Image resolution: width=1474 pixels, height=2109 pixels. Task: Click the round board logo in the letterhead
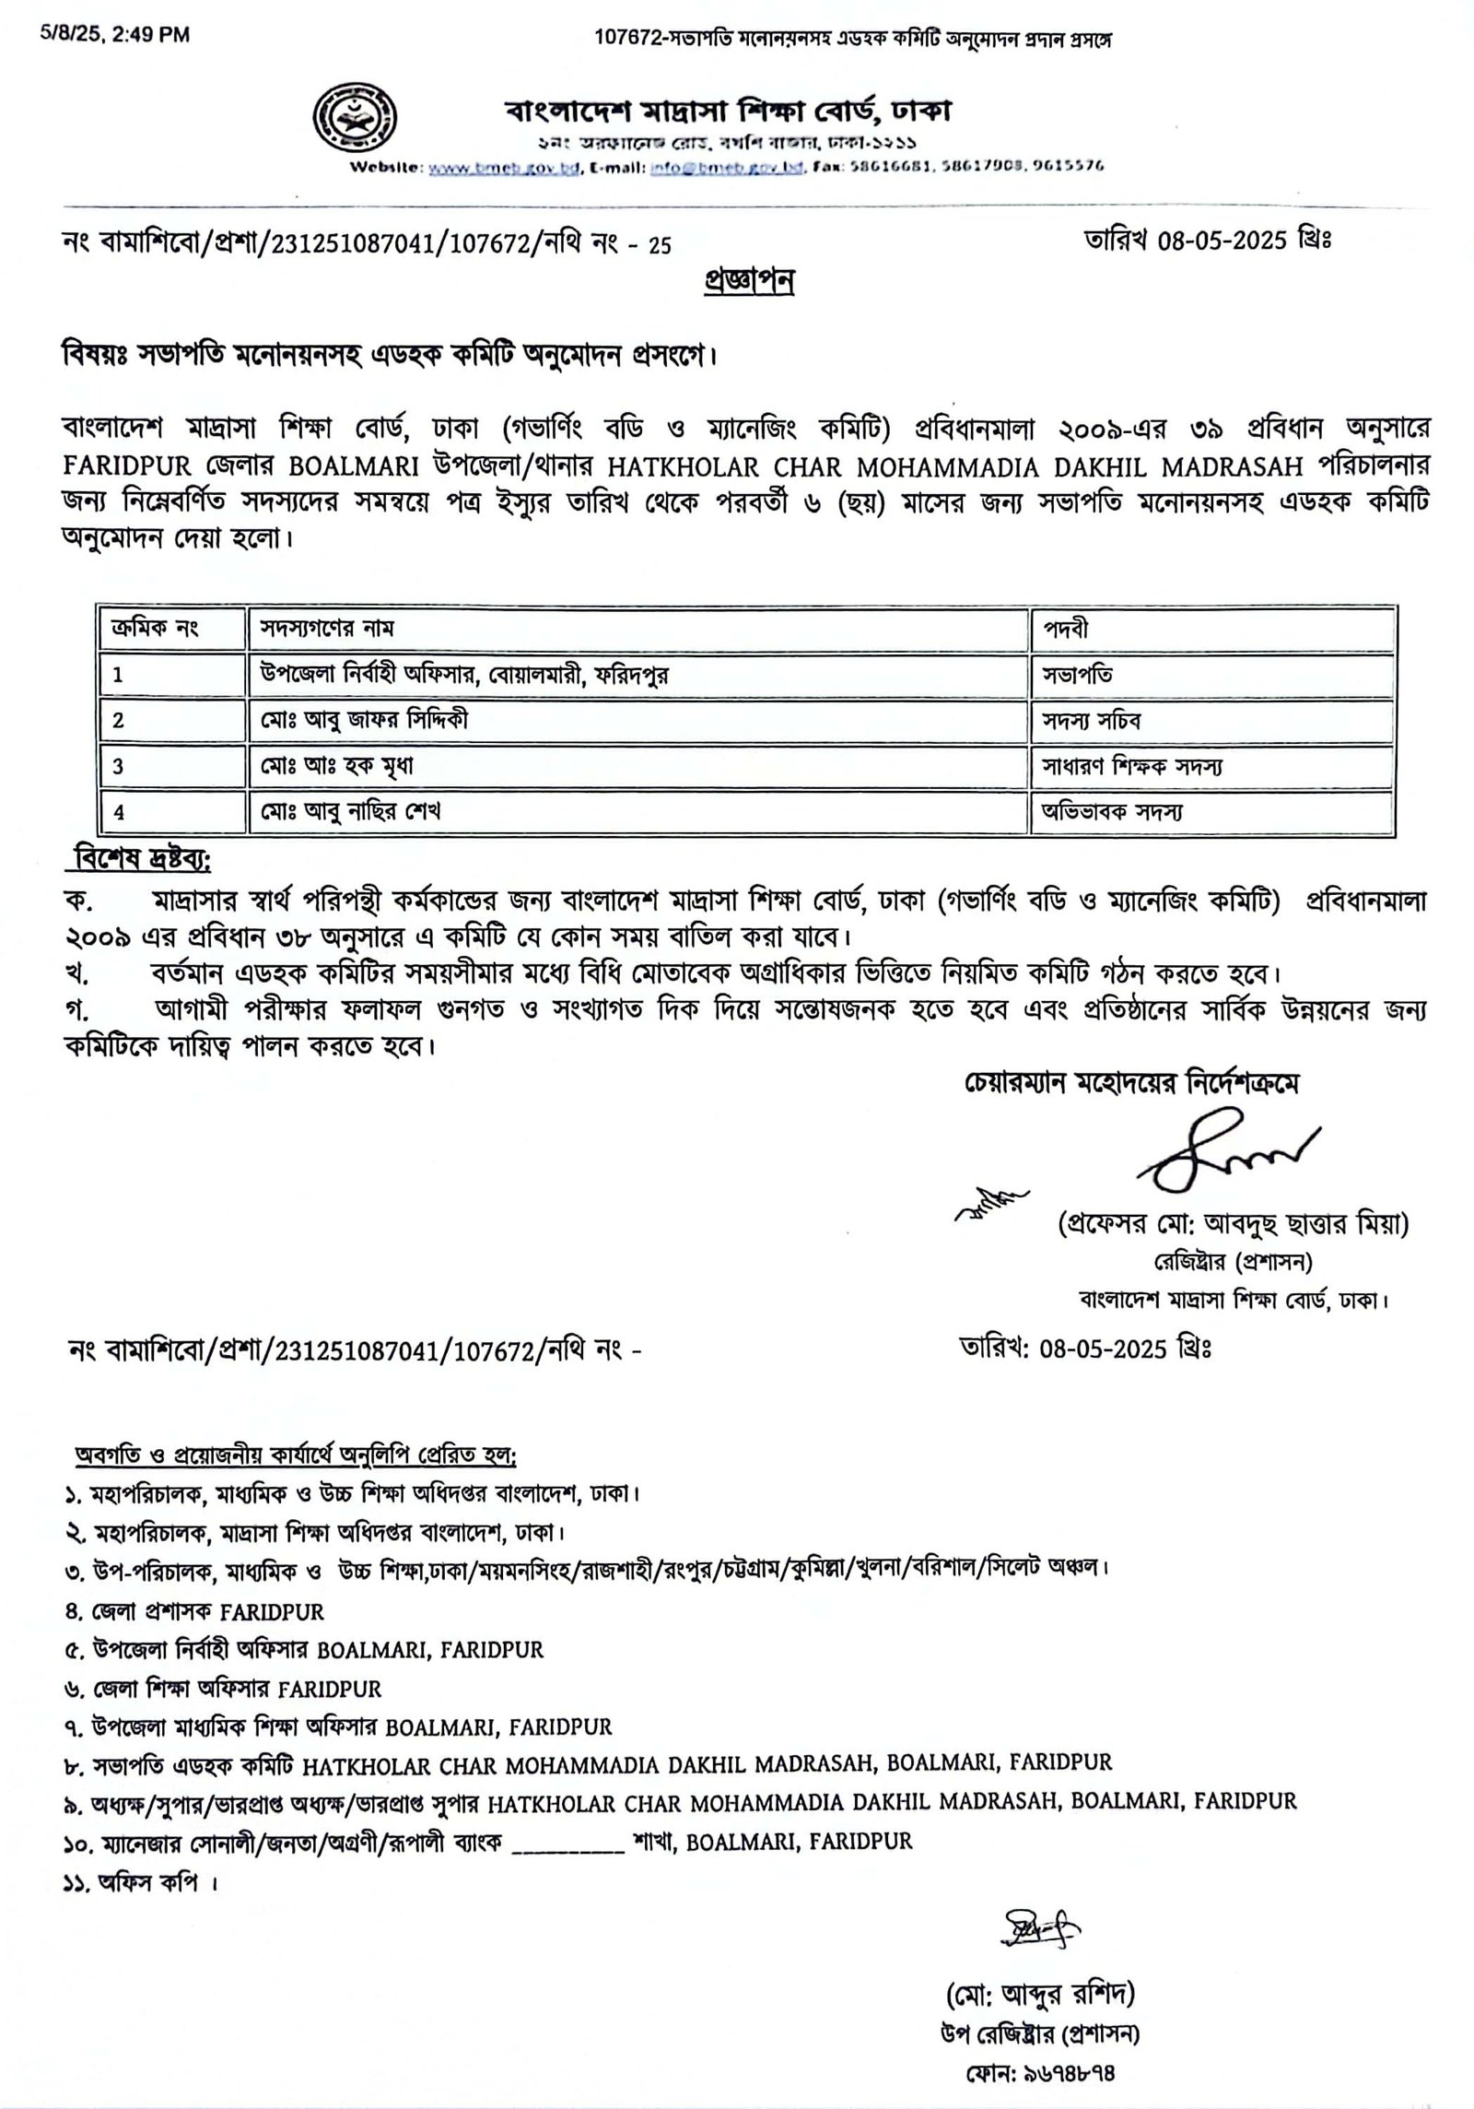[357, 115]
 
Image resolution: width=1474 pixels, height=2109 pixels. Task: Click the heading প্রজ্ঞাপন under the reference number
[747, 281]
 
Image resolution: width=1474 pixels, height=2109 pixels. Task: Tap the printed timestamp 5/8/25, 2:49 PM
[115, 35]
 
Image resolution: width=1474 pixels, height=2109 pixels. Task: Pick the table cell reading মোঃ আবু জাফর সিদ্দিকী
[364, 720]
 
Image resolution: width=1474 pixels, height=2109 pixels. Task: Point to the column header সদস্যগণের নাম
[327, 630]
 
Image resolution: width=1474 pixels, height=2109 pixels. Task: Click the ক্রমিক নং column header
[155, 630]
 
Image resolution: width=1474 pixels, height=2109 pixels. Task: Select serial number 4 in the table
[119, 812]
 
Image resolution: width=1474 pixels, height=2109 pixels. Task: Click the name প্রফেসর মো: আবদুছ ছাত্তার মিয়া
[1233, 1226]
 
